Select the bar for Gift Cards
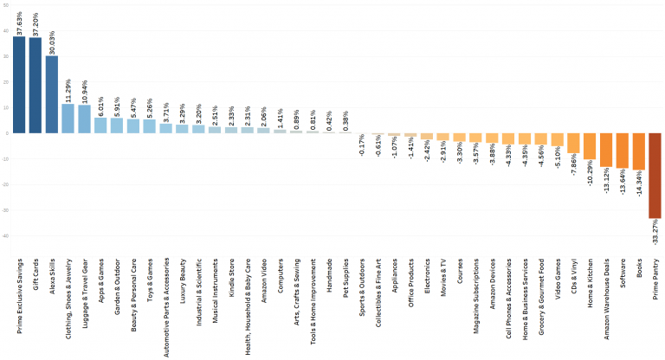tap(36, 86)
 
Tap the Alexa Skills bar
tap(52, 94)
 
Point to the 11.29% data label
tap(69, 89)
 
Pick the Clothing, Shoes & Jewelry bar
tap(68, 119)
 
